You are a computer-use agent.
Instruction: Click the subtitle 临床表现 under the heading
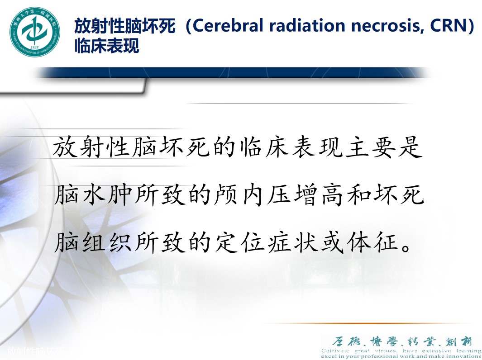tap(107, 46)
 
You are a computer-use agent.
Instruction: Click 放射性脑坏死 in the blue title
tap(125, 26)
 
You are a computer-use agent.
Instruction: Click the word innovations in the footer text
tap(462, 356)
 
